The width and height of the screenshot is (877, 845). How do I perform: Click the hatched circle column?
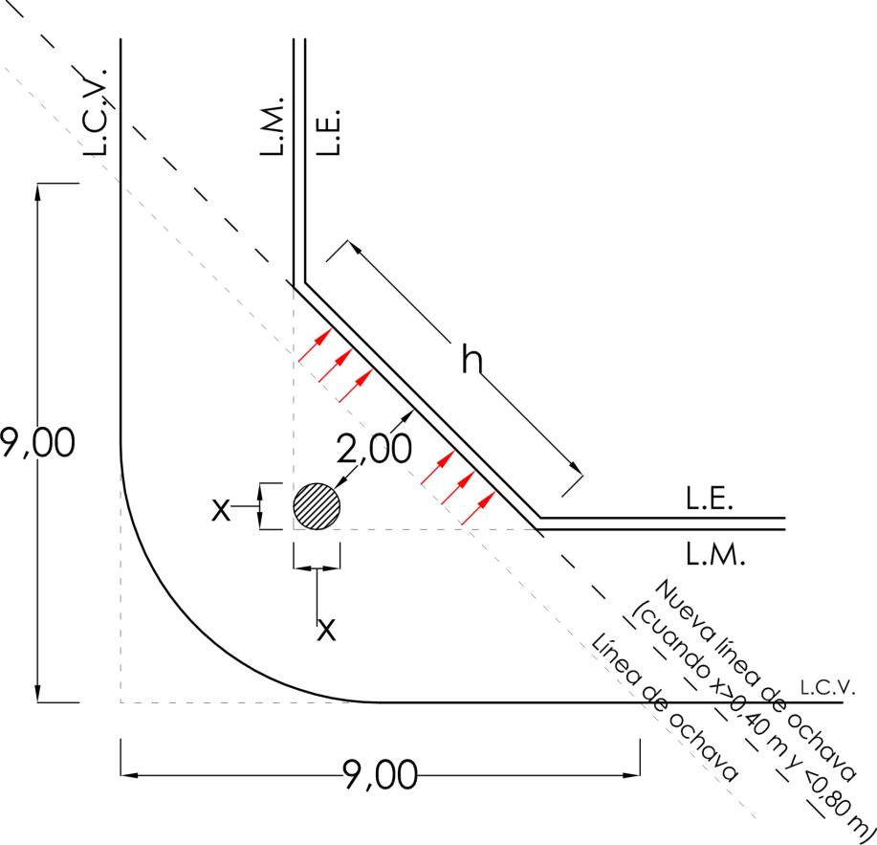click(x=317, y=505)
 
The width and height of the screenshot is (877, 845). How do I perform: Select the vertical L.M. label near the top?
click(x=274, y=124)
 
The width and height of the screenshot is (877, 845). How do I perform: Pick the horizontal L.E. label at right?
click(x=709, y=499)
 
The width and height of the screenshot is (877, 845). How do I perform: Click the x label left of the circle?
click(x=221, y=508)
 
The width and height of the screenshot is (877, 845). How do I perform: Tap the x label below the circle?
click(x=326, y=629)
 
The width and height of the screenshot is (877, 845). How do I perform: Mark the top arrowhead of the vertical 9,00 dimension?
click(x=37, y=189)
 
